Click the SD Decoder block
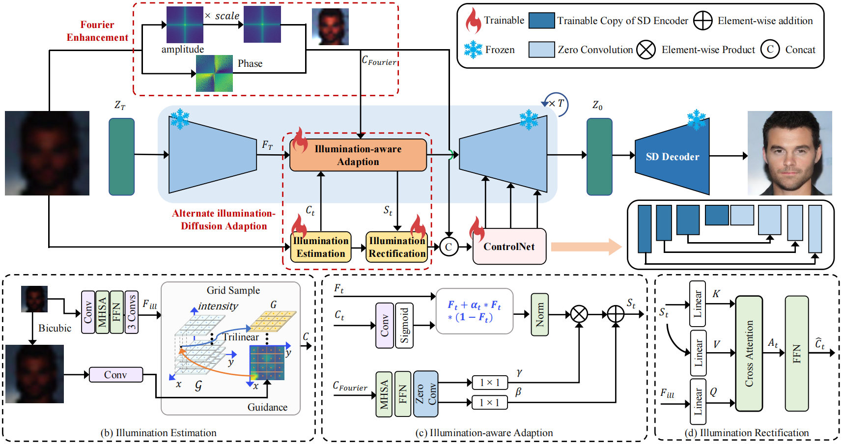click(672, 157)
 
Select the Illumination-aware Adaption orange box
click(358, 155)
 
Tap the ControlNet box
click(509, 247)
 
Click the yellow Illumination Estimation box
click(321, 247)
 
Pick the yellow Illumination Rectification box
click(397, 247)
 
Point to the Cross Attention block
click(749, 353)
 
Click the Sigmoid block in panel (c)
click(404, 325)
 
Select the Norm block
click(539, 314)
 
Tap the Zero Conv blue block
click(425, 393)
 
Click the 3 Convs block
click(132, 312)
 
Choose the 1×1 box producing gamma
click(489, 382)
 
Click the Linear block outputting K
click(697, 304)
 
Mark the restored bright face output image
click(789, 153)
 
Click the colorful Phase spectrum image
click(214, 74)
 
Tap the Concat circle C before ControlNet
click(449, 247)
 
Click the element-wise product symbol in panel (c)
click(579, 314)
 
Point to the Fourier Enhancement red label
click(97, 31)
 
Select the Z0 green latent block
click(599, 157)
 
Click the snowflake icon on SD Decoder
click(696, 120)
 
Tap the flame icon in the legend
click(473, 21)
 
